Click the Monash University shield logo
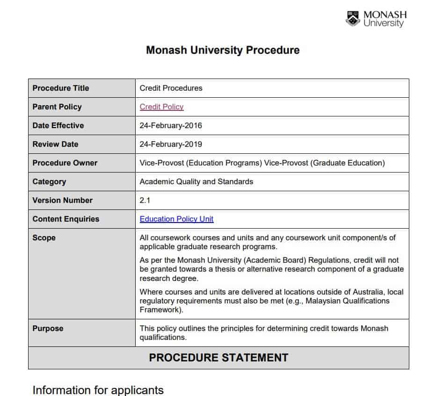[x=353, y=19]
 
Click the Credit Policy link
[x=161, y=107]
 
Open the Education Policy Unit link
[x=176, y=219]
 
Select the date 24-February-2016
[x=171, y=125]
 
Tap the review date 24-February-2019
[x=171, y=144]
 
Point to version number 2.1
[x=145, y=200]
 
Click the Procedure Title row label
[x=60, y=88]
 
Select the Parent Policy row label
[x=57, y=107]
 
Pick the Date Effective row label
[x=58, y=125]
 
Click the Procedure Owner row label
[x=65, y=163]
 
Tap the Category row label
[x=49, y=181]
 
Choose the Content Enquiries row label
[x=65, y=219]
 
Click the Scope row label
[x=44, y=238]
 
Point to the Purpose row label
[x=48, y=328]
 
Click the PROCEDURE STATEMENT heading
[x=218, y=358]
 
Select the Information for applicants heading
[x=98, y=390]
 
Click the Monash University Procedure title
[x=223, y=50]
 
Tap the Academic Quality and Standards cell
[x=196, y=181]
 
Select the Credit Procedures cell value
[x=171, y=88]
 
